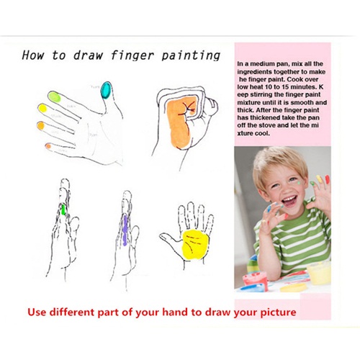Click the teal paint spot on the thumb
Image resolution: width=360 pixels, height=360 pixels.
(x=106, y=90)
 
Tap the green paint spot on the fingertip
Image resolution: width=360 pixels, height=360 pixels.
(x=55, y=97)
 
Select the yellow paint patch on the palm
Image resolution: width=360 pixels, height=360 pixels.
(x=195, y=244)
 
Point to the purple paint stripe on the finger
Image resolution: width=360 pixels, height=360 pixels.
(x=125, y=230)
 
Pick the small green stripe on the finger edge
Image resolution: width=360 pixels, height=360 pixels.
(x=63, y=210)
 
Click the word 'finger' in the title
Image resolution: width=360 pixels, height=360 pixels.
(x=132, y=55)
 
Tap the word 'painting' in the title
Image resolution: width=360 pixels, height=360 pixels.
(x=191, y=55)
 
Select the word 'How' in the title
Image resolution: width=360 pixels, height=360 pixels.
(x=33, y=55)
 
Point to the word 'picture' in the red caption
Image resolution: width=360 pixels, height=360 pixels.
(x=278, y=312)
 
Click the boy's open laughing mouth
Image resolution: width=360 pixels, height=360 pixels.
(x=289, y=201)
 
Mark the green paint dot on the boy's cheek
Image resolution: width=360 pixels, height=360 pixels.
(x=298, y=184)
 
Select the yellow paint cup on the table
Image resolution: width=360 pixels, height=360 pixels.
(x=319, y=273)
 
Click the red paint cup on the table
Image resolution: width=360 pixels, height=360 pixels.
(x=255, y=279)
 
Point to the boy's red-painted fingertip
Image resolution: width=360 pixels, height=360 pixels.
(x=327, y=179)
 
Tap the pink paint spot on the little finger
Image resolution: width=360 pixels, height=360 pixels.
(x=48, y=145)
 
